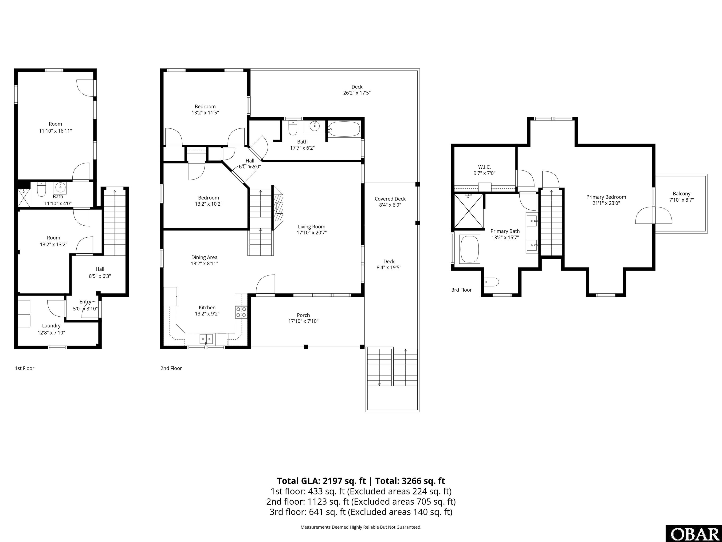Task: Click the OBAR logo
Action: click(694, 534)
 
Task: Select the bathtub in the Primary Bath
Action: click(470, 249)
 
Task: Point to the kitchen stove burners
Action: click(241, 312)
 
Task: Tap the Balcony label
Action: click(682, 194)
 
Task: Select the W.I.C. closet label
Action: click(484, 167)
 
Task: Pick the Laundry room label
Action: click(51, 326)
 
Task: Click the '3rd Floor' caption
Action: click(462, 290)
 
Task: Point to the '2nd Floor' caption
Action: click(171, 368)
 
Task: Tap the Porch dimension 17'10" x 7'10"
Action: click(303, 321)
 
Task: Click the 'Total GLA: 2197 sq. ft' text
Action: click(322, 481)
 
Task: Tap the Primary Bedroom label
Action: click(606, 197)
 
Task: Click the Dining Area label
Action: click(204, 257)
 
